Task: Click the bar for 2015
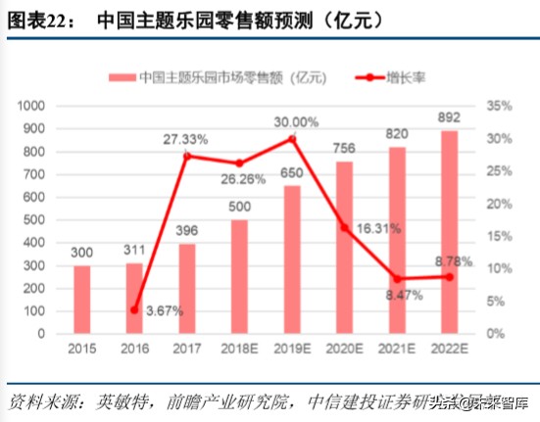click(x=82, y=300)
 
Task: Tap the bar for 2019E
click(x=293, y=259)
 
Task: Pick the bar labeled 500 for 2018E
click(x=240, y=277)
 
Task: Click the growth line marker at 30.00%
click(x=293, y=139)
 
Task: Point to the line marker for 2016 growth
click(x=134, y=309)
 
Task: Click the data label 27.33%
click(x=185, y=139)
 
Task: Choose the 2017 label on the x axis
click(x=187, y=350)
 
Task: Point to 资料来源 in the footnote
click(x=38, y=401)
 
